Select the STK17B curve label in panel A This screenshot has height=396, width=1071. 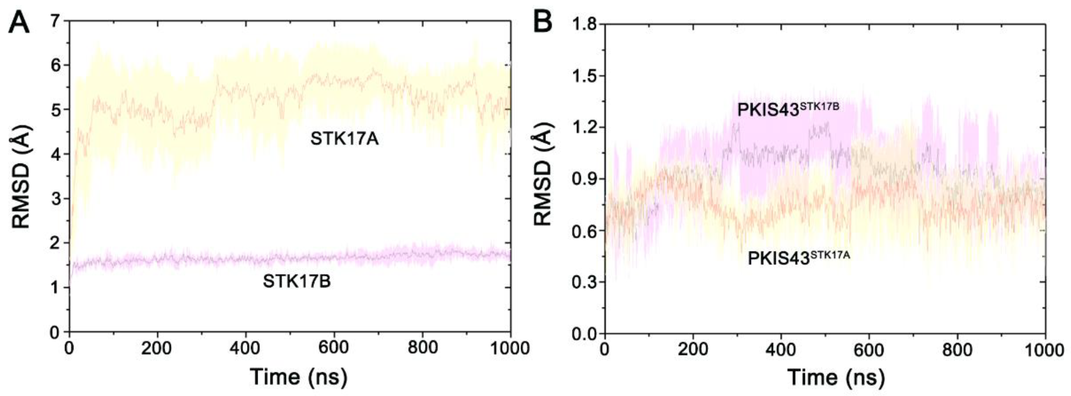pos(296,282)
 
